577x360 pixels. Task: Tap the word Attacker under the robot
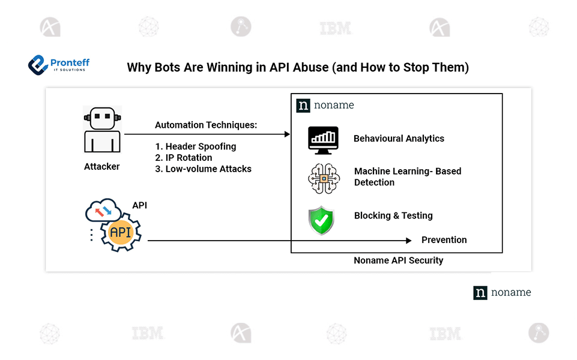pyautogui.click(x=101, y=167)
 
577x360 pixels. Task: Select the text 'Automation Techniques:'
pyautogui.click(x=206, y=125)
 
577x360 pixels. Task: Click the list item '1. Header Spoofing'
pyautogui.click(x=195, y=146)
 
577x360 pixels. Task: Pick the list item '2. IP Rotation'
pyautogui.click(x=183, y=158)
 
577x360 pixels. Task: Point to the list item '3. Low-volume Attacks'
pyautogui.click(x=203, y=169)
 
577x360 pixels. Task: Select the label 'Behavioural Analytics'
pyautogui.click(x=399, y=139)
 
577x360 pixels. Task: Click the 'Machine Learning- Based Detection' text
pyautogui.click(x=407, y=176)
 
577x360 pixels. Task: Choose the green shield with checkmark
pyautogui.click(x=321, y=220)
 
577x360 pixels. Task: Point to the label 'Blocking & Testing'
pyautogui.click(x=393, y=216)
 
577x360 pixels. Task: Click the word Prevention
pyautogui.click(x=444, y=240)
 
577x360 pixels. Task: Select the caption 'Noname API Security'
pyautogui.click(x=398, y=260)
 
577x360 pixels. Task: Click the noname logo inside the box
pyautogui.click(x=325, y=106)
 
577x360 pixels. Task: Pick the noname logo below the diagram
pyautogui.click(x=502, y=293)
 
